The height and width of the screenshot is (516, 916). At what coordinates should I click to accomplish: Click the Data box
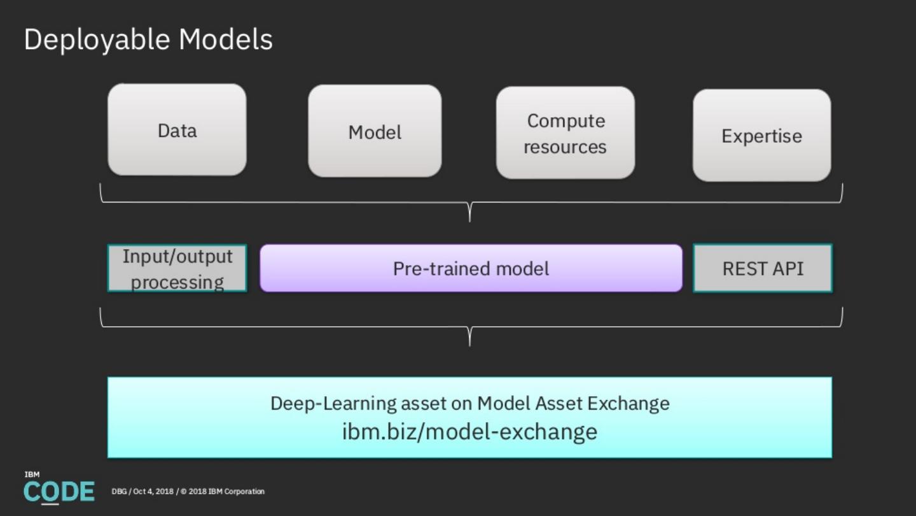(177, 130)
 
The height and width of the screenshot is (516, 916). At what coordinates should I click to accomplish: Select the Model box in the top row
(375, 131)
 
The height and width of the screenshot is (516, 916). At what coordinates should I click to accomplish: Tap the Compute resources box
(565, 133)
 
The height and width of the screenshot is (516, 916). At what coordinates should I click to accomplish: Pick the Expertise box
(761, 136)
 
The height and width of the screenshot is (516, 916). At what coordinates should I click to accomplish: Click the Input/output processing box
(177, 268)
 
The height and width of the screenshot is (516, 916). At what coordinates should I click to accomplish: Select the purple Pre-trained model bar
(471, 268)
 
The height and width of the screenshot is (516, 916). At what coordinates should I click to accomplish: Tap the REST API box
(762, 268)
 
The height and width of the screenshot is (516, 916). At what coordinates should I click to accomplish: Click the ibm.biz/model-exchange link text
(469, 431)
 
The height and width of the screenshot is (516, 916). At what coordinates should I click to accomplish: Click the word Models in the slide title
(225, 39)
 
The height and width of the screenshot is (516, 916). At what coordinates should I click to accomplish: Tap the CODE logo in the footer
(59, 492)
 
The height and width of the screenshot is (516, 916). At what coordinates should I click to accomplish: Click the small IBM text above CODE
(32, 475)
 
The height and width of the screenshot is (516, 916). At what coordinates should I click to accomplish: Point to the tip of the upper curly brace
(469, 219)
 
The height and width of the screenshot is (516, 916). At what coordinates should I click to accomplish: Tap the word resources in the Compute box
(565, 147)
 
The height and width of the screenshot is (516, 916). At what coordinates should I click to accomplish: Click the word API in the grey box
(787, 268)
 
